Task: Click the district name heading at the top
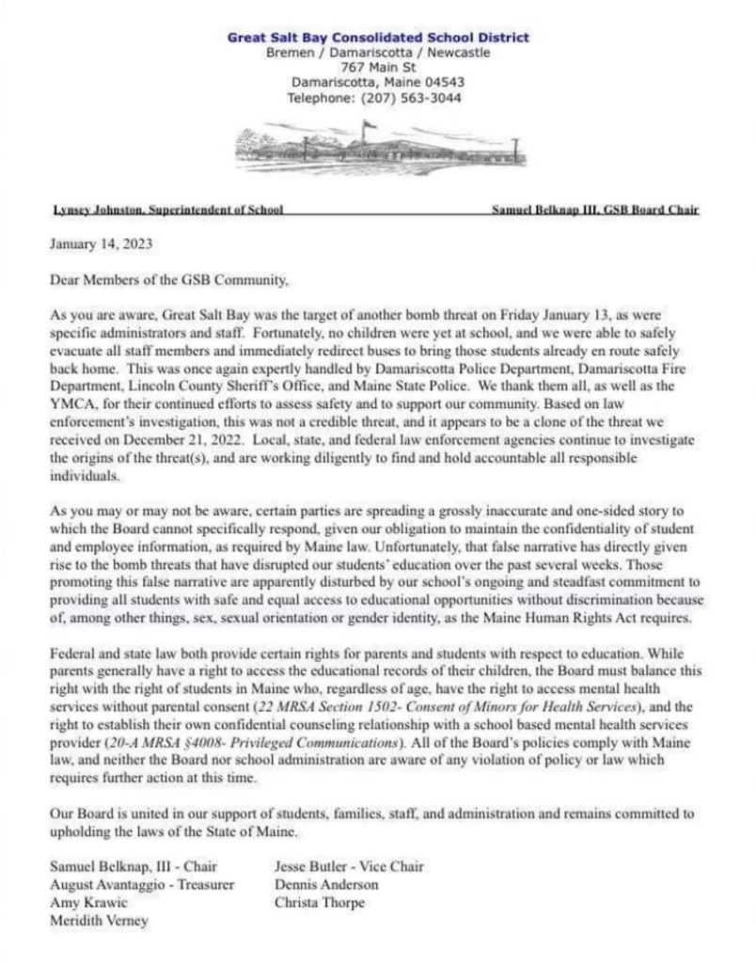378,38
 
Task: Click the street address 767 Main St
378,67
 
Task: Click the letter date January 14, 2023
100,243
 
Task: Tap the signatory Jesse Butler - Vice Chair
349,866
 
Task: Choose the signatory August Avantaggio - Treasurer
141,885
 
